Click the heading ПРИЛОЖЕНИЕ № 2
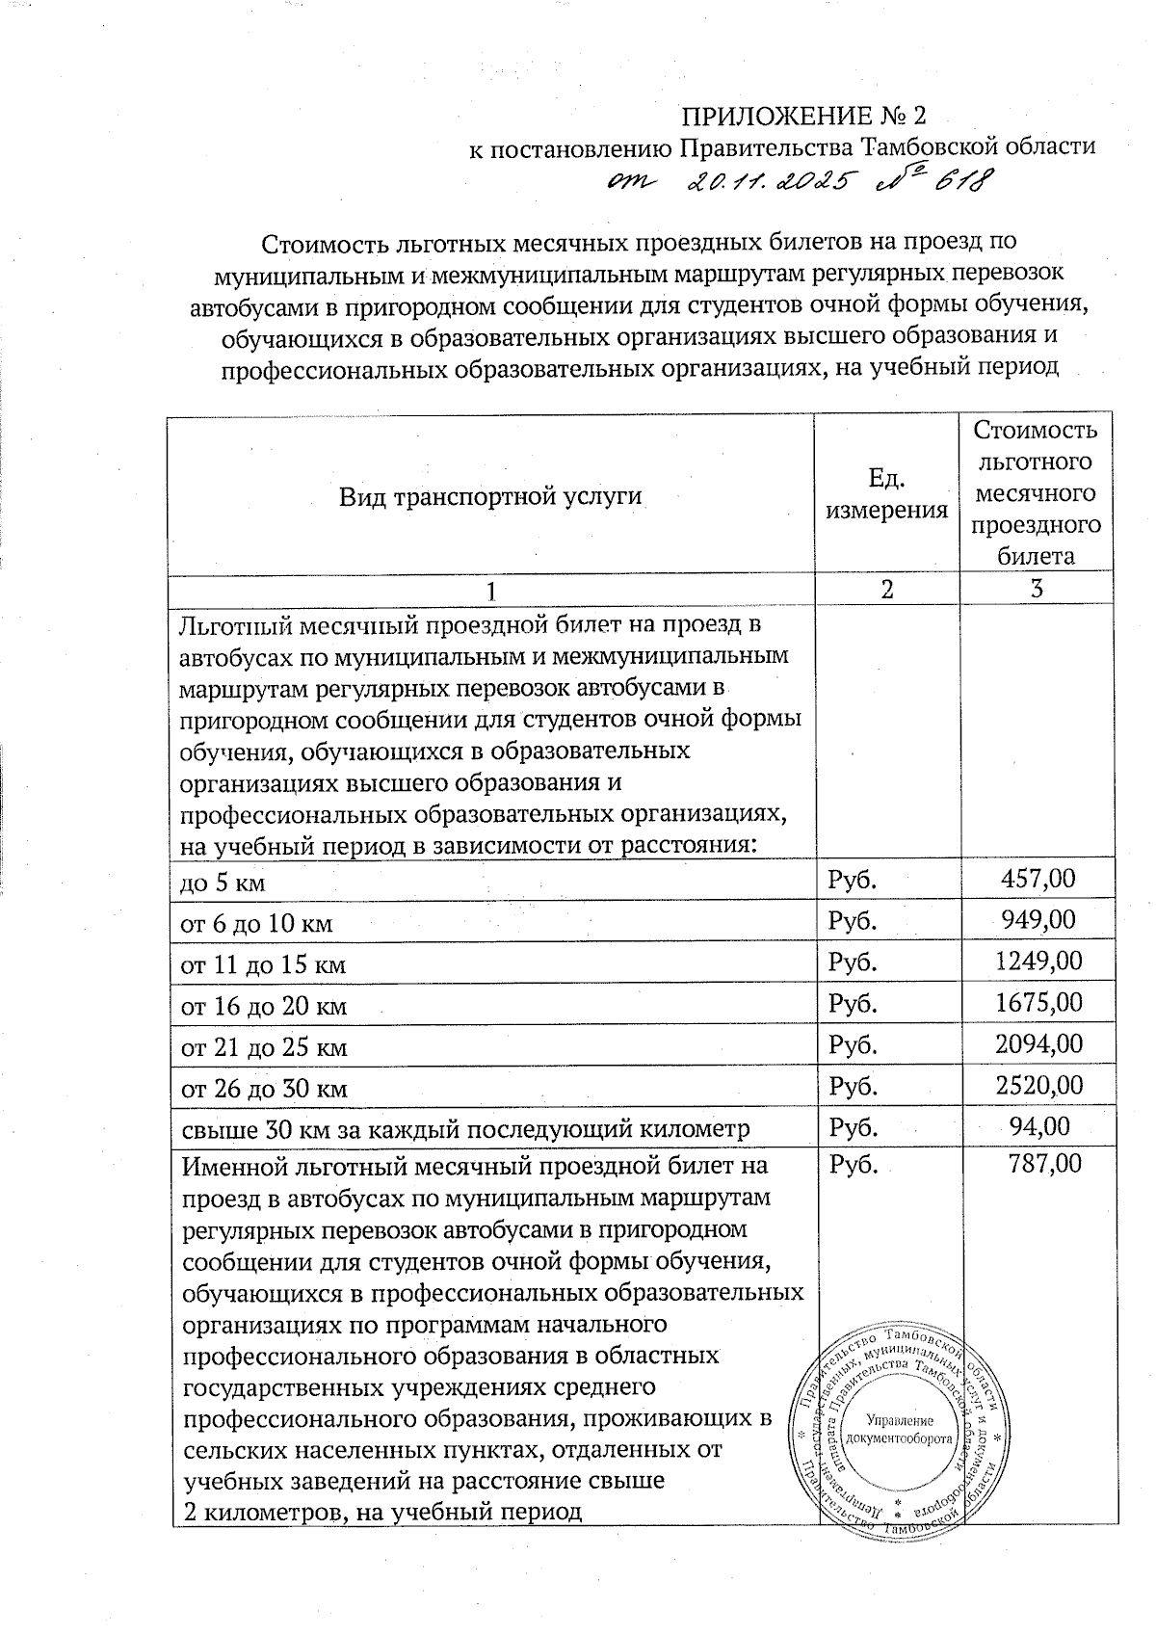[803, 117]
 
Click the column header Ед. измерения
[886, 493]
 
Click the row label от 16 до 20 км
[264, 1006]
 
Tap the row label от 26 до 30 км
[264, 1089]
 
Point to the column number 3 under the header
[1037, 589]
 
